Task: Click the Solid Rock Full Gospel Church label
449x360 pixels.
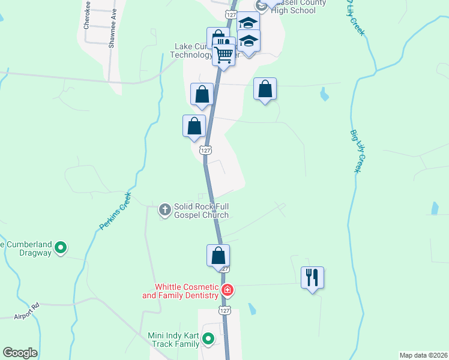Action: pos(201,211)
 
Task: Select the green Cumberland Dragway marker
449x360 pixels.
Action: pos(61,247)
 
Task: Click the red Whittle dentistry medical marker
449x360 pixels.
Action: pos(228,291)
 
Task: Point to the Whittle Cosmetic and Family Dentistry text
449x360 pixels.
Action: pos(180,291)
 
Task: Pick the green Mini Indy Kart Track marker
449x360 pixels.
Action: pos(208,339)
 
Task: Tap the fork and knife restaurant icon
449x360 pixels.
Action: pos(312,277)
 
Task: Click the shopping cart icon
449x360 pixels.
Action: pos(224,55)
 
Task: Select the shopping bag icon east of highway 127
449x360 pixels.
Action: pos(265,89)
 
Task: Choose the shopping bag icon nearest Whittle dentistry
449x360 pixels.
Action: pos(218,256)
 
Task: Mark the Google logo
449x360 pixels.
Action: pos(20,353)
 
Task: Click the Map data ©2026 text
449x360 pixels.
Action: pos(423,355)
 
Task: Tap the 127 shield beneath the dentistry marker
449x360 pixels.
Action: pos(224,310)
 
